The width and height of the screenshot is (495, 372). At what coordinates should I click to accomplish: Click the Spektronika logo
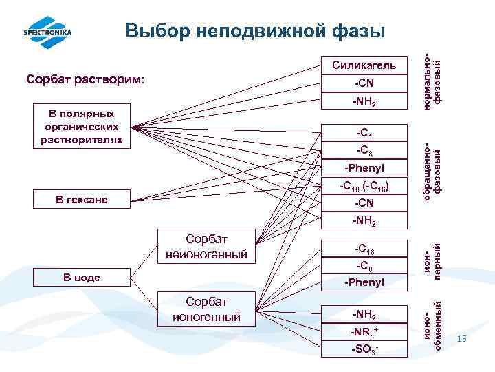(47, 32)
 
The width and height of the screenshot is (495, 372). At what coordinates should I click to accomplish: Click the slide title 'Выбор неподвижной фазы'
(255, 30)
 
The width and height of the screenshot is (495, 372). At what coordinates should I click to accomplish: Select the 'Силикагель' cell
(364, 65)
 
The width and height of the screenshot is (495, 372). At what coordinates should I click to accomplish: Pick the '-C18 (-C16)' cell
(364, 185)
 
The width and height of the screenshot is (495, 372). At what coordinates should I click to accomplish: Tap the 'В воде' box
(82, 278)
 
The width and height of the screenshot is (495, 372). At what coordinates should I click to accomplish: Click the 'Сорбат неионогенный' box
(207, 247)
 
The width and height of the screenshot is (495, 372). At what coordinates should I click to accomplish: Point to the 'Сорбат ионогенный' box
(207, 309)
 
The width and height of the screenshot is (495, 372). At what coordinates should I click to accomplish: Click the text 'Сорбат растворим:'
(86, 79)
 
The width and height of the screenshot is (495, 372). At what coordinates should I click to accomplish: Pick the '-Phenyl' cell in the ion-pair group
(364, 282)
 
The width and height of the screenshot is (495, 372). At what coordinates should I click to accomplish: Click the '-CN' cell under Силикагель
(364, 84)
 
